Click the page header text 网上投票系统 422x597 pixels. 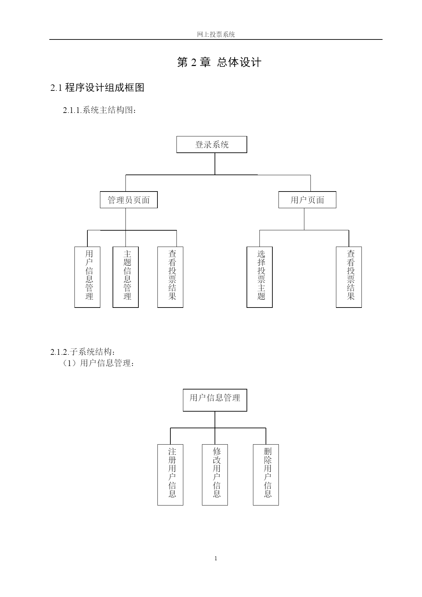pyautogui.click(x=216, y=34)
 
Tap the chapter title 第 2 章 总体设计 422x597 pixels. pyautogui.click(x=219, y=62)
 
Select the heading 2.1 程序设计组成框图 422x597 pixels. pyautogui.click(x=98, y=87)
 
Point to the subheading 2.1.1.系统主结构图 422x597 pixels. pyautogui.click(x=100, y=110)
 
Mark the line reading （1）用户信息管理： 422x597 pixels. pyautogui.click(x=99, y=363)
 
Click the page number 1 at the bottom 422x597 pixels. pyautogui.click(x=216, y=558)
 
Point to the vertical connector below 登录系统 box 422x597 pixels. pyautogui.click(x=215, y=164)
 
